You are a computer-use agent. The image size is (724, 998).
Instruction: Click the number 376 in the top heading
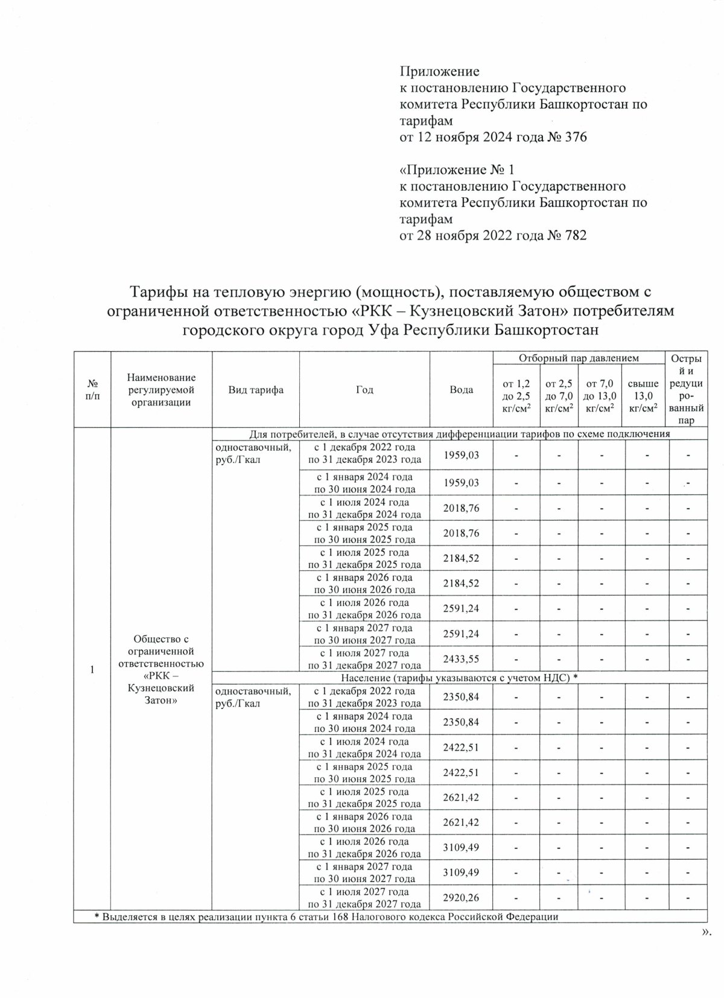point(574,138)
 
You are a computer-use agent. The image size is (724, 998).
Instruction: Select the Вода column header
point(461,390)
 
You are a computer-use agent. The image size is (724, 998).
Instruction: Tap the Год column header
point(364,390)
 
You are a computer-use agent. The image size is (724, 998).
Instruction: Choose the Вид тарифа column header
point(256,390)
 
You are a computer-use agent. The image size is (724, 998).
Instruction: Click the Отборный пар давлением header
point(578,358)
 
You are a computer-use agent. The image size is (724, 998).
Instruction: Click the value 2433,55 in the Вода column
point(461,659)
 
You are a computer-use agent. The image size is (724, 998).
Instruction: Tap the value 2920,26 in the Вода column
point(461,898)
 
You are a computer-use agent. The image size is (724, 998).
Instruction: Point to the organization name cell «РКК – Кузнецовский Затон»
point(160,670)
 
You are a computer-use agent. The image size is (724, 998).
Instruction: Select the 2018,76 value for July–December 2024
point(461,508)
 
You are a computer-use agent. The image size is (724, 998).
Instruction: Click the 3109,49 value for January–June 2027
point(461,872)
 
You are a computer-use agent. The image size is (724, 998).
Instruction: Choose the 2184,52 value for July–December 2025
point(461,558)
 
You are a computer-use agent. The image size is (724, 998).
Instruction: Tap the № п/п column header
point(92,390)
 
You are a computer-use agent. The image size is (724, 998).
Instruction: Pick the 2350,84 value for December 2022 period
point(461,697)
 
